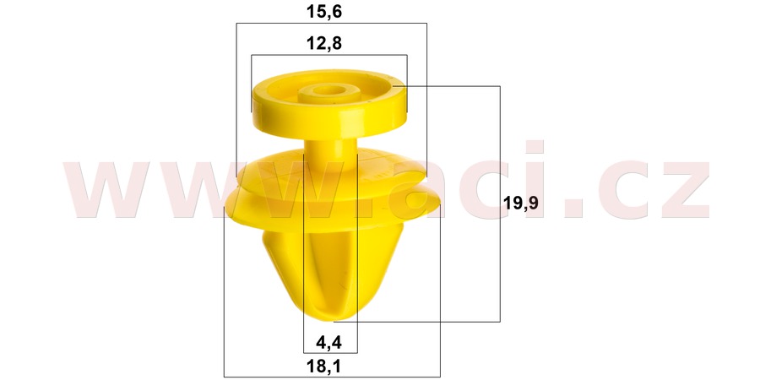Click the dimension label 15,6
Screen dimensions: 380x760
(x=330, y=11)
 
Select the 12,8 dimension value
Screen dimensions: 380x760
(x=330, y=43)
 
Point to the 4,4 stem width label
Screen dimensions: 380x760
(x=330, y=342)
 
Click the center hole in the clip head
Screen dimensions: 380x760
(x=330, y=89)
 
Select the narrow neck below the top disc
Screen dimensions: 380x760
(x=330, y=152)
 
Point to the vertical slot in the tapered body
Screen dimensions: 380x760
(x=330, y=270)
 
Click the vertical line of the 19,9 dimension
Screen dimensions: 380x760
(x=500, y=253)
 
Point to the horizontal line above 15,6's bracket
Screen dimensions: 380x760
(x=330, y=24)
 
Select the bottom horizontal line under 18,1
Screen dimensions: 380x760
(x=330, y=376)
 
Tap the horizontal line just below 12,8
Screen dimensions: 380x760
(x=330, y=56)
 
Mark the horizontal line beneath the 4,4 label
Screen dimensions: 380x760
(x=330, y=352)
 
